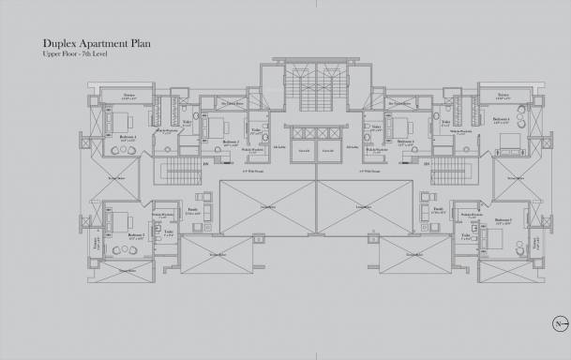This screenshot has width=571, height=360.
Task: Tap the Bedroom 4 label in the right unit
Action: (503, 120)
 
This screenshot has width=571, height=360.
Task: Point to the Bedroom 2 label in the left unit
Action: (137, 234)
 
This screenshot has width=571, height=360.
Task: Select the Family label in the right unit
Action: (438, 211)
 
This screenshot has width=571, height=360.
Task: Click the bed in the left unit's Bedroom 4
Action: (125, 121)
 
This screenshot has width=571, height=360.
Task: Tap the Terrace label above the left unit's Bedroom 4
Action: (128, 95)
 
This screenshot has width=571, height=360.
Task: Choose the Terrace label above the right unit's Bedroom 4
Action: (503, 95)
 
